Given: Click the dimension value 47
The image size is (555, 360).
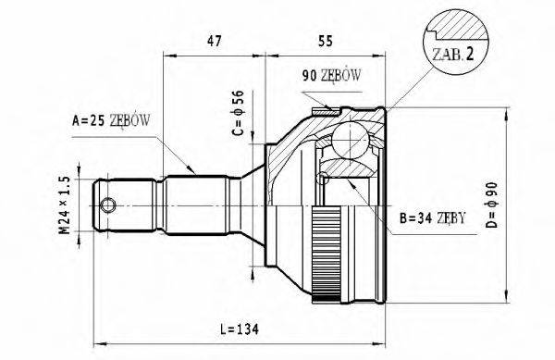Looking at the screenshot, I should click(x=214, y=40).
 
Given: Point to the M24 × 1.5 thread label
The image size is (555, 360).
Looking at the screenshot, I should click(x=64, y=205).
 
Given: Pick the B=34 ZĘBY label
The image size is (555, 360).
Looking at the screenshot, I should click(x=431, y=218).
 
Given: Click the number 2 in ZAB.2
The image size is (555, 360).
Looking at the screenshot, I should click(x=471, y=55).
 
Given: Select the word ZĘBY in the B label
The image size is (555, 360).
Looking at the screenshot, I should click(x=448, y=218).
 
